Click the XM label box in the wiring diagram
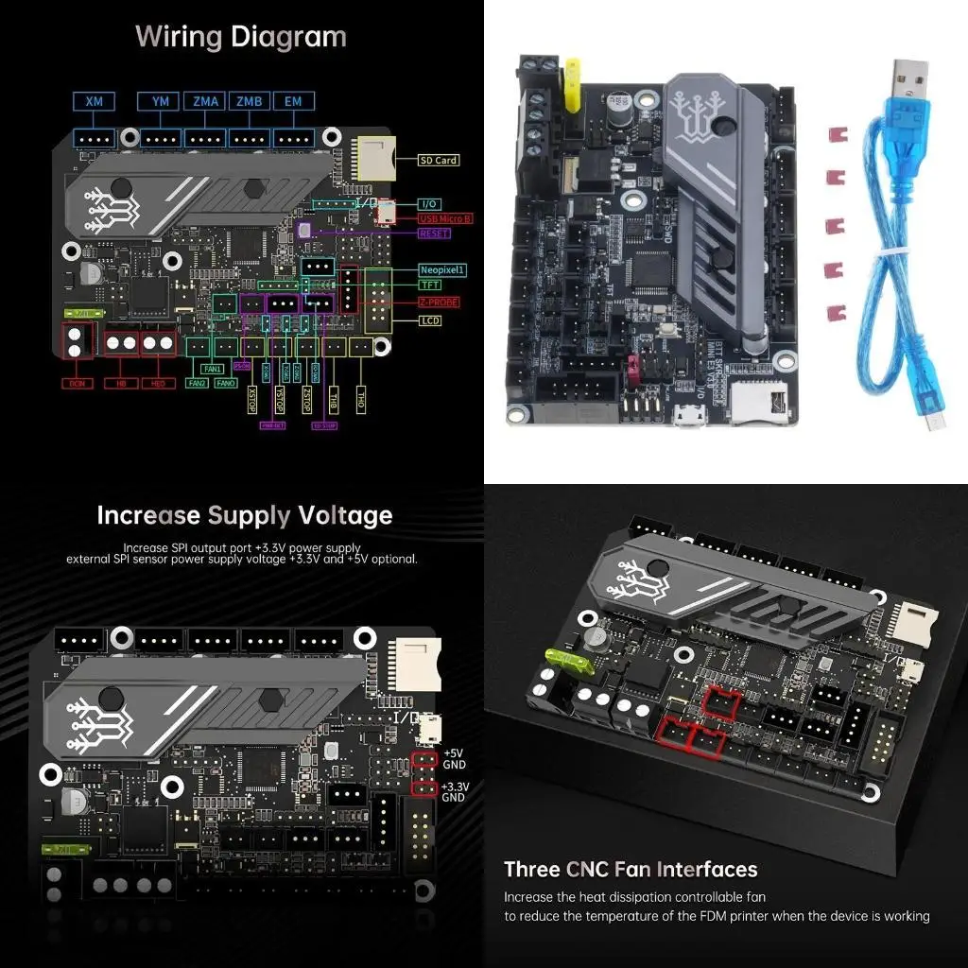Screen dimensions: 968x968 95,101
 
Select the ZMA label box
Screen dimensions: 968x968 204,101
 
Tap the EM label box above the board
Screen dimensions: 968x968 294,101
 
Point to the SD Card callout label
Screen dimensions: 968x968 439,160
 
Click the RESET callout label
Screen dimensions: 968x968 434,233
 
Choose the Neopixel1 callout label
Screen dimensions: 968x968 442,269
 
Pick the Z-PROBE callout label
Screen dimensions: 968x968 440,302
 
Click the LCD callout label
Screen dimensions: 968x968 430,320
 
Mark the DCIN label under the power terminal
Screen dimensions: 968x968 77,384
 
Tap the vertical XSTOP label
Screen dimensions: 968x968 251,396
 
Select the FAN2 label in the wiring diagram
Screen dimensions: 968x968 197,384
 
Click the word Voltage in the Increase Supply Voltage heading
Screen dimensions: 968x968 345,515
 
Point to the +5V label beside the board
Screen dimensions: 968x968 455,752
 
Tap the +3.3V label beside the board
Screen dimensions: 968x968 455,786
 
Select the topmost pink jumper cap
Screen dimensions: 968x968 834,134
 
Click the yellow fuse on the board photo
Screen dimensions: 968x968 573,88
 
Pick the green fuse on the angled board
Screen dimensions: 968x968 568,658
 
